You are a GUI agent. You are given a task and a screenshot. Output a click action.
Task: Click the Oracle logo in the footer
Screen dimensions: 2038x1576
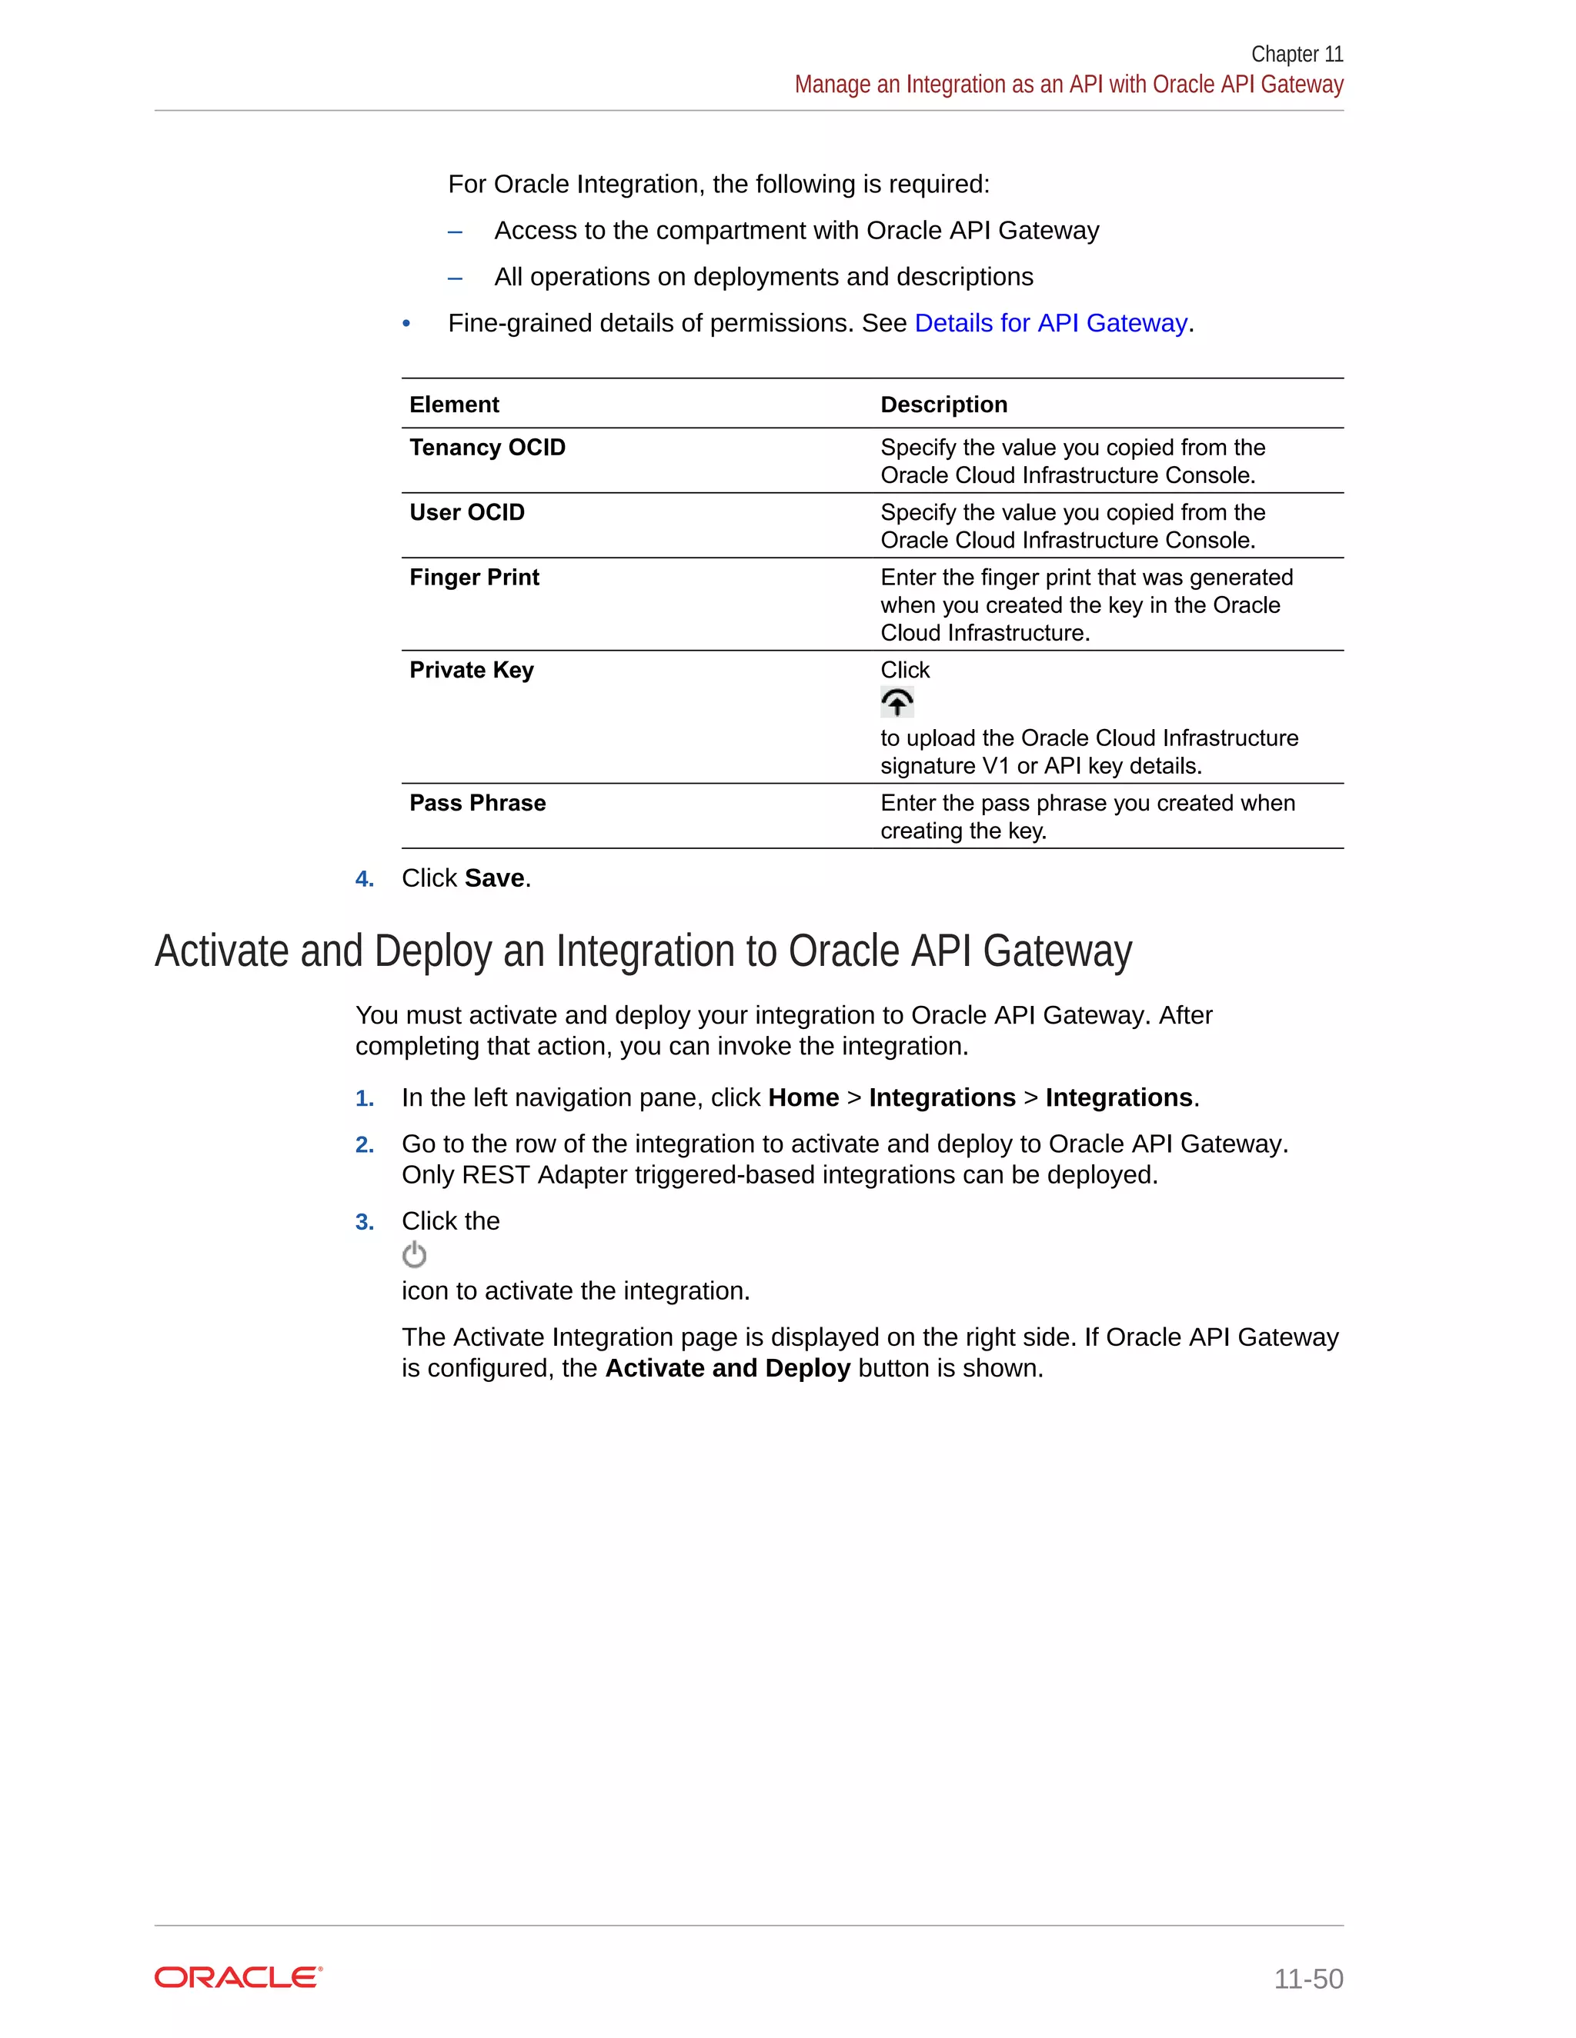[x=238, y=1977]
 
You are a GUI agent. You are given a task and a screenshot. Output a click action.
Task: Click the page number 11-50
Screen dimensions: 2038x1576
[x=1308, y=1978]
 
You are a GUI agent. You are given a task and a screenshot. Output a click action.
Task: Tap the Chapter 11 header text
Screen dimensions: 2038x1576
[x=1296, y=54]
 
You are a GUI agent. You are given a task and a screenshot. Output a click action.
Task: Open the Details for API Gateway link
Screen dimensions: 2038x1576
[x=1050, y=323]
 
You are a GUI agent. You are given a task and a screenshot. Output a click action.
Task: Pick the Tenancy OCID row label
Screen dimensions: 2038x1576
[x=487, y=448]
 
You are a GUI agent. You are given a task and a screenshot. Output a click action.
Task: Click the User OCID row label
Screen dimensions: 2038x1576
[x=467, y=512]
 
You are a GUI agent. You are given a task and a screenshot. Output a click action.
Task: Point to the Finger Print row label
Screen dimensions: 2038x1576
[x=474, y=578]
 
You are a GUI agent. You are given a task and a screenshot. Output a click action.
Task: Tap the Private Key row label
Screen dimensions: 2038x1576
[x=472, y=670]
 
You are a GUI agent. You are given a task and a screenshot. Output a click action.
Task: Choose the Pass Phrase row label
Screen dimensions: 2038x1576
[x=477, y=804]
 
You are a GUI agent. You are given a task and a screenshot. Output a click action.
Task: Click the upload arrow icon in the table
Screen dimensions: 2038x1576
[x=897, y=701]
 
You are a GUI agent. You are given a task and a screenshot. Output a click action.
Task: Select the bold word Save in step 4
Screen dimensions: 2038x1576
[x=494, y=878]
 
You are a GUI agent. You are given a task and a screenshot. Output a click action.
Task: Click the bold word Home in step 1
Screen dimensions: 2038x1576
[x=803, y=1097]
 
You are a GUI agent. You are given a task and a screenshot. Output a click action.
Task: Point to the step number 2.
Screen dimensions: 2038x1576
[x=364, y=1145]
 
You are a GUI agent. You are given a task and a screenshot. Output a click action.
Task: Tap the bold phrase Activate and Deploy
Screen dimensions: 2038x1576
[x=727, y=1368]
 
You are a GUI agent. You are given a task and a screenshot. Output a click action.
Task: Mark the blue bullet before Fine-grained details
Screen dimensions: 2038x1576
[x=406, y=324]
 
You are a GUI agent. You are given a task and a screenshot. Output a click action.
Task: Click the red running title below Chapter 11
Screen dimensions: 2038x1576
[x=1068, y=85]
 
